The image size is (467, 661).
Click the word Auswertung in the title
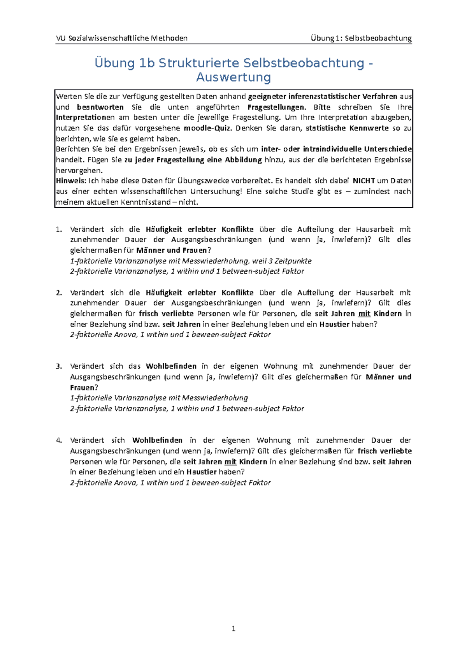233,77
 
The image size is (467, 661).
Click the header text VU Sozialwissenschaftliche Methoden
122,38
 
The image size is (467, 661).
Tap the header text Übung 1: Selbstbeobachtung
361,38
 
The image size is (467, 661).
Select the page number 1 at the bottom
233,628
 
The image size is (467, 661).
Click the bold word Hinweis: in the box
72,181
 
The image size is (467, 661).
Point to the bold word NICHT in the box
363,181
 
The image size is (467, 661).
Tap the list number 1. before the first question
59,229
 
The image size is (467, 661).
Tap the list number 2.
59,293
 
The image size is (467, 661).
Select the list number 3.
59,366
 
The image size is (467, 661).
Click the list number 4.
59,440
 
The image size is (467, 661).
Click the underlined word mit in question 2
364,314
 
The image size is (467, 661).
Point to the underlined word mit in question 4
230,462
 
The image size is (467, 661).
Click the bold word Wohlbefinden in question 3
171,366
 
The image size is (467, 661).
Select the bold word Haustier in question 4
201,472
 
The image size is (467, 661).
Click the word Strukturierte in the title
199,63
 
